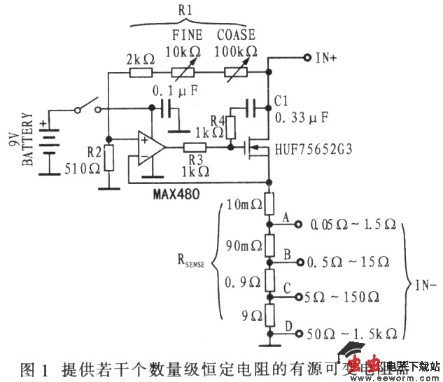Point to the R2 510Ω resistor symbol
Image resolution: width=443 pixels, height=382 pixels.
click(x=108, y=158)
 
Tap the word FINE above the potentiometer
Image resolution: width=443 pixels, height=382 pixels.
click(x=187, y=34)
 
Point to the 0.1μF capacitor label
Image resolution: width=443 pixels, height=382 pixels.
click(x=171, y=90)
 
